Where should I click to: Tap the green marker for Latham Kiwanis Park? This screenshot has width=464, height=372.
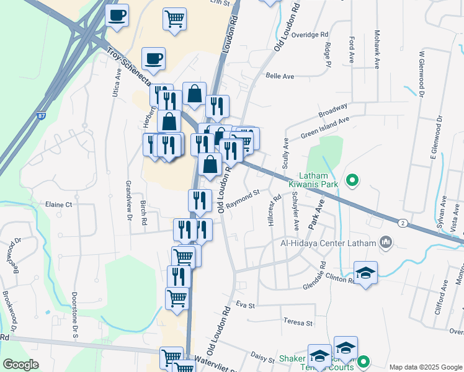click(352, 180)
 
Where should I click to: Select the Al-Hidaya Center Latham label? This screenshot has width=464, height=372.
click(329, 242)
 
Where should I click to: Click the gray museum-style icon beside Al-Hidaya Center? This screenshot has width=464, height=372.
click(386, 242)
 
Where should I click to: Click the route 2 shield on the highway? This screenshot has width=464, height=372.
click(403, 223)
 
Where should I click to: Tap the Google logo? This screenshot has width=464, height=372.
click(21, 365)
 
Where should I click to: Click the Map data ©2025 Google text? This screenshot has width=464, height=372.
click(425, 366)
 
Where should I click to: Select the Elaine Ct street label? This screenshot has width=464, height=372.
click(59, 204)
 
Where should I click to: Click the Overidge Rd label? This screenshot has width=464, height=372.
click(309, 35)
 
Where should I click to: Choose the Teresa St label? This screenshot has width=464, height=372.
click(298, 322)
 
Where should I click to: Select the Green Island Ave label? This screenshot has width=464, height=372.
click(325, 127)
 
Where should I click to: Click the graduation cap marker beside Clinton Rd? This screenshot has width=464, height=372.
click(366, 273)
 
